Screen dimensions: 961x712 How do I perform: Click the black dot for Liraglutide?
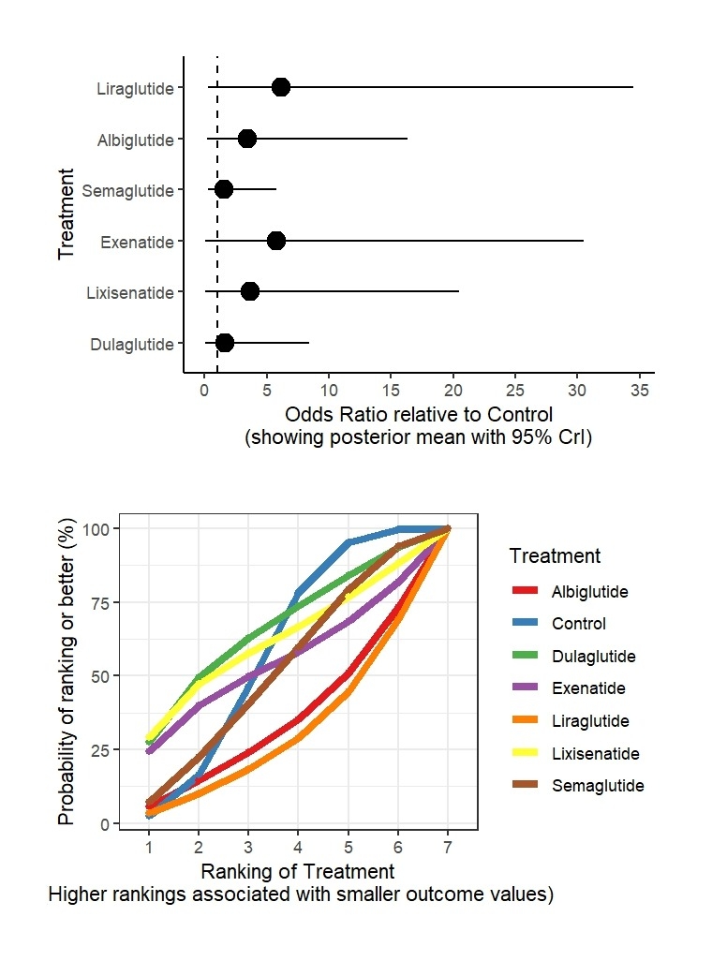pyautogui.click(x=281, y=87)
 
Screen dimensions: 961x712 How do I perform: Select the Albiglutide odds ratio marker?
pyautogui.click(x=247, y=139)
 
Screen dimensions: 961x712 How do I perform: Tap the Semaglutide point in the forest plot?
pyautogui.click(x=224, y=190)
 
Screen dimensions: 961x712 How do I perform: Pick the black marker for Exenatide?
pyautogui.click(x=276, y=241)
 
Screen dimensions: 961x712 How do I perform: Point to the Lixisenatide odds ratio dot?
pyautogui.click(x=250, y=291)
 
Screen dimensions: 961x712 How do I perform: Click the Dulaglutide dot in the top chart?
pyautogui.click(x=225, y=343)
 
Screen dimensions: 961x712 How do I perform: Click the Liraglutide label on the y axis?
pyautogui.click(x=135, y=89)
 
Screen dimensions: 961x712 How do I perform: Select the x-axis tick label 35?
pyautogui.click(x=641, y=391)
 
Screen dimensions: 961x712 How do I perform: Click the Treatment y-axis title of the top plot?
pyautogui.click(x=66, y=214)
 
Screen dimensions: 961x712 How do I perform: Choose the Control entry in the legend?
pyautogui.click(x=578, y=624)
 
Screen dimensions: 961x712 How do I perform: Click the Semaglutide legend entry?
pyautogui.click(x=598, y=786)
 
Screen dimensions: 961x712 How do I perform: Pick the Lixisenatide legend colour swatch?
pyautogui.click(x=527, y=753)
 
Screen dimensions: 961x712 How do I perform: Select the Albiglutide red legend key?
pyautogui.click(x=527, y=592)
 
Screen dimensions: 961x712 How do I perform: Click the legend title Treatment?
pyautogui.click(x=555, y=556)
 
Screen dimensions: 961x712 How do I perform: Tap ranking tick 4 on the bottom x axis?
pyautogui.click(x=298, y=848)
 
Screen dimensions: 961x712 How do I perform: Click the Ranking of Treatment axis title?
pyautogui.click(x=299, y=872)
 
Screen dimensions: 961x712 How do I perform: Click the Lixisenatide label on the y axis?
pyautogui.click(x=130, y=293)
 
